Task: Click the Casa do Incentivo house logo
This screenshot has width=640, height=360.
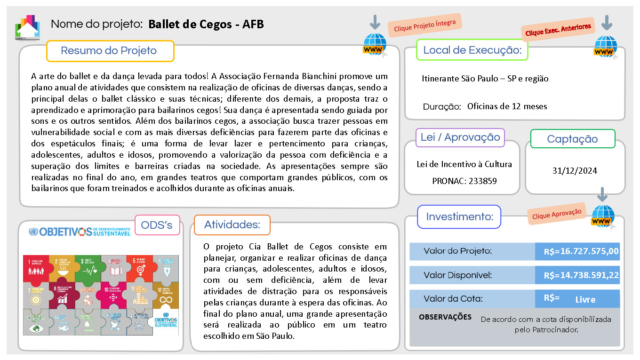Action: click(x=27, y=27)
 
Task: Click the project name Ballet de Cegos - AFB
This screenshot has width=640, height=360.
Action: click(x=206, y=24)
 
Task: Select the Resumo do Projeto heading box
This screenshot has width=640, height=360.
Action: click(x=110, y=51)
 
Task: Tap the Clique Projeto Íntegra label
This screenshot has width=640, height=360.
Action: click(x=424, y=25)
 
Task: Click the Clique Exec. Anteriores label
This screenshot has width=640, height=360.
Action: click(x=558, y=30)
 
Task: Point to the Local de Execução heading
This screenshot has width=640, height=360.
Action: click(x=472, y=50)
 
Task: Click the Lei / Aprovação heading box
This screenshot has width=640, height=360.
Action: click(x=460, y=137)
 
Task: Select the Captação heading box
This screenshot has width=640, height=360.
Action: click(x=572, y=139)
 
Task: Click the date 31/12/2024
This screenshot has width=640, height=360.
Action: click(x=575, y=171)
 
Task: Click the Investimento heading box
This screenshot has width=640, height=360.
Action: click(x=459, y=217)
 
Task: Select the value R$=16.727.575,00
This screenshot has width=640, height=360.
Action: click(x=581, y=251)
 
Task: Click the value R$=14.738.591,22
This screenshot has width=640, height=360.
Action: click(x=581, y=275)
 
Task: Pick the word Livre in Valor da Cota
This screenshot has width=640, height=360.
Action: click(x=585, y=299)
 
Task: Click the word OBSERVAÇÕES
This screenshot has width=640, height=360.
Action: click(x=445, y=317)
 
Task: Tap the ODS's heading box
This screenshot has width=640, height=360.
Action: click(x=157, y=225)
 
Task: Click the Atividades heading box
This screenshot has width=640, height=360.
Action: click(x=232, y=225)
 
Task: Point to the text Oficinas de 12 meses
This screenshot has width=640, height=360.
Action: click(x=507, y=106)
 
